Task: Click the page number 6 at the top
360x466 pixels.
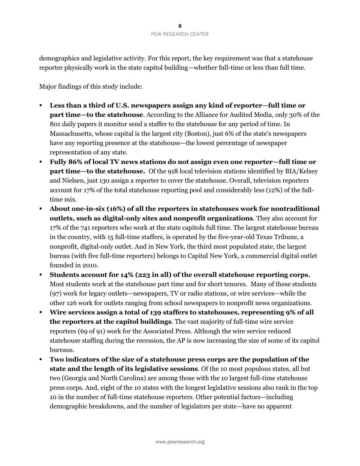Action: [180, 26]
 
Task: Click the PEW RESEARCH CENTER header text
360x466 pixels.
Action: [180, 34]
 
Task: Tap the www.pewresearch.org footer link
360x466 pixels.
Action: [180, 442]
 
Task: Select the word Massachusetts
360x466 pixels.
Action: [69, 134]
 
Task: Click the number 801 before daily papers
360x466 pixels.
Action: [55, 124]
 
